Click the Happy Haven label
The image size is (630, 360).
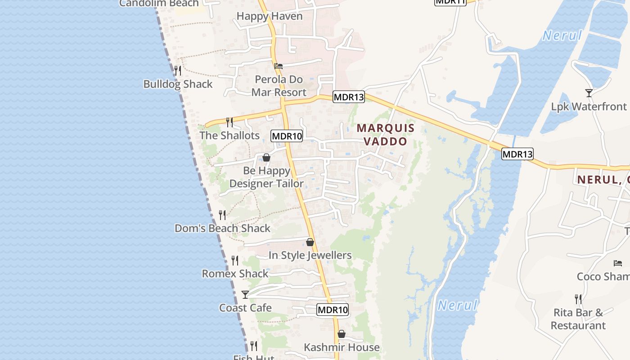pos(269,16)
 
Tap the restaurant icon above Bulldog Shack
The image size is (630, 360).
pos(178,71)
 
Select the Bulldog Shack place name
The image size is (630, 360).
pos(178,84)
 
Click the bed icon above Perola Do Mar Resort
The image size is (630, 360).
pos(279,66)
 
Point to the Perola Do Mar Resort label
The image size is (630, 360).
pos(279,86)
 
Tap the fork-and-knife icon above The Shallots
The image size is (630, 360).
pos(229,122)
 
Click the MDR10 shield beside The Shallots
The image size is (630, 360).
pos(287,136)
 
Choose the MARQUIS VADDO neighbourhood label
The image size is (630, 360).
pos(385,135)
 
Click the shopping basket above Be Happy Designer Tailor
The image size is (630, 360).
pos(266,157)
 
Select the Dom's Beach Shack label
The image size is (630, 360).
pos(222,228)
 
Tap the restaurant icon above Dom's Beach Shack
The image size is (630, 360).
pos(222,215)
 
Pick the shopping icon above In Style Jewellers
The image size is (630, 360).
pos(310,242)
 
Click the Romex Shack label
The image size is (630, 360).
pos(235,274)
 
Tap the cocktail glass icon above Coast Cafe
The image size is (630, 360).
pos(245,295)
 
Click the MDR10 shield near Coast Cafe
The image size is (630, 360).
pos(333,310)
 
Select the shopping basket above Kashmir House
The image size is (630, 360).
pos(342,334)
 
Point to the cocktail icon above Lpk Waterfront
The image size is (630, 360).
pos(589,93)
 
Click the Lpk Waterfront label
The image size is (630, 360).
pos(589,107)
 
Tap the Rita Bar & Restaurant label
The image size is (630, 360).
pos(578,319)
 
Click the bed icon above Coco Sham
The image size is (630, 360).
pos(618,263)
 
